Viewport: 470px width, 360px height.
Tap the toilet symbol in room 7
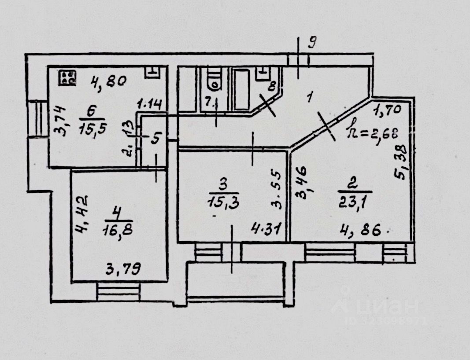click(214, 80)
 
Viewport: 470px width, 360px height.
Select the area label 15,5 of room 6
click(92, 129)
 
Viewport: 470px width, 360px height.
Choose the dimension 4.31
click(266, 229)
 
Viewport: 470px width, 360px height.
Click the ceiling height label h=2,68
click(372, 131)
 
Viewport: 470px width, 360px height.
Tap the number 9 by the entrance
click(312, 43)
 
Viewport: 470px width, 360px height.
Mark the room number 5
click(155, 139)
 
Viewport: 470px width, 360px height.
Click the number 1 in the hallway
click(309, 97)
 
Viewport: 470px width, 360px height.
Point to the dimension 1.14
click(150, 104)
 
